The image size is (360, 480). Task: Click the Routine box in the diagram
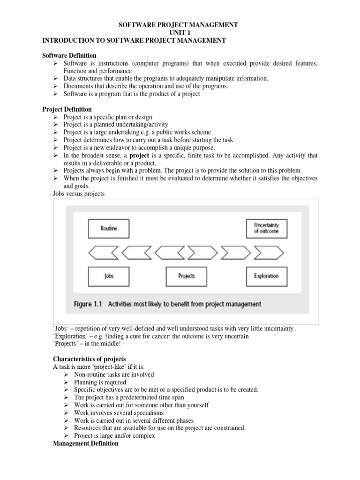click(x=109, y=229)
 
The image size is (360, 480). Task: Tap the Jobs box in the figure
click(x=109, y=276)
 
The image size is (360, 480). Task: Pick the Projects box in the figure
click(x=187, y=276)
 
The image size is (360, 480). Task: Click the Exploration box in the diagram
click(x=266, y=276)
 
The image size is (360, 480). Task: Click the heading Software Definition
click(x=69, y=55)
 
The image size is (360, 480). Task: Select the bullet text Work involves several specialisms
click(x=119, y=412)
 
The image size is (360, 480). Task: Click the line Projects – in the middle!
click(x=88, y=345)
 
